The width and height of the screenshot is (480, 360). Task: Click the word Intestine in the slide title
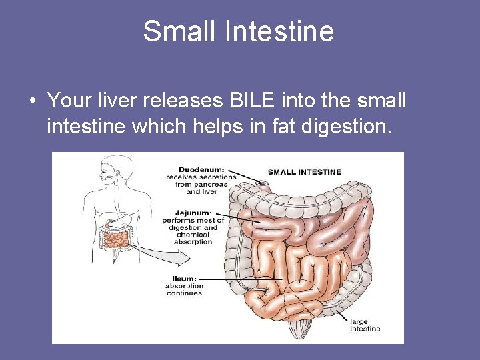click(x=279, y=31)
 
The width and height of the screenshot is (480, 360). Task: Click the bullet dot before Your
click(x=31, y=101)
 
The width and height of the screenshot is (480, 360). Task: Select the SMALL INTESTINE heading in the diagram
click(x=304, y=171)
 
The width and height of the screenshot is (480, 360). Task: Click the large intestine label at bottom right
click(x=365, y=325)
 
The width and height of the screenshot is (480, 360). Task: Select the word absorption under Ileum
click(x=185, y=286)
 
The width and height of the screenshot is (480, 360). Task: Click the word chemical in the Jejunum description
click(x=193, y=235)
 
